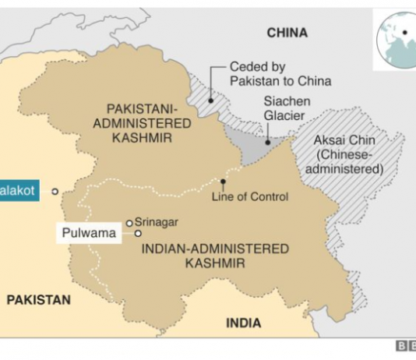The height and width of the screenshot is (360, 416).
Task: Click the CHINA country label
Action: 287,33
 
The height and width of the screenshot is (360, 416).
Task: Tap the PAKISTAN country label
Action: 38,299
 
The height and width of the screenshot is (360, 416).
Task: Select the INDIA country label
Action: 243,323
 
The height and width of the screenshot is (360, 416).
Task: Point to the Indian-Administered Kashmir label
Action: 216,256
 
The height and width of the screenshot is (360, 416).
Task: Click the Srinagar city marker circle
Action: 129,223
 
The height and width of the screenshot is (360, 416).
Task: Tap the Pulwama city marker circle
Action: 138,233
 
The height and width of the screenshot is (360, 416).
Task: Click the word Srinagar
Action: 157,222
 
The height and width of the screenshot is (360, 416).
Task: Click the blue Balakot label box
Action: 18,191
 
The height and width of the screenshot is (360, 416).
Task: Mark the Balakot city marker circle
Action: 55,192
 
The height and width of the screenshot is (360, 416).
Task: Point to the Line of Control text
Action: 249,196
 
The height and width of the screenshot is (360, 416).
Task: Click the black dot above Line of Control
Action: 223,183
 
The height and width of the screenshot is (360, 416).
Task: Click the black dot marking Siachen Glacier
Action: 267,143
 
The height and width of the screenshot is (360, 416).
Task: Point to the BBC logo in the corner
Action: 405,348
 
